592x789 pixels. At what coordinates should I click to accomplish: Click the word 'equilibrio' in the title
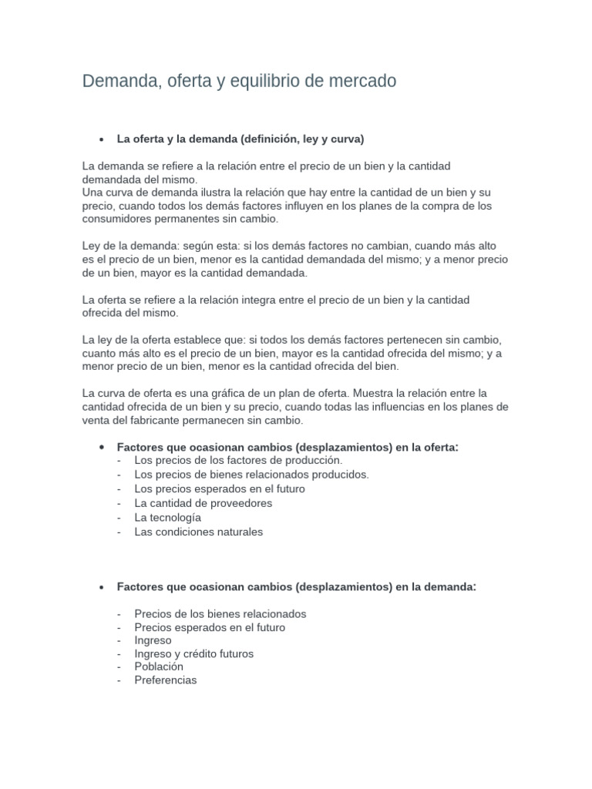[x=261, y=81]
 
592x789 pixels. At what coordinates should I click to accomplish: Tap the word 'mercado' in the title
[x=361, y=81]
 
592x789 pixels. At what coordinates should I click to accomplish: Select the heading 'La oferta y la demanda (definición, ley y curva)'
[x=240, y=139]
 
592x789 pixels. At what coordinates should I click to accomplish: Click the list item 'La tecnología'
[x=167, y=518]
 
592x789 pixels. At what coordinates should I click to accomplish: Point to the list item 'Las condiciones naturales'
[x=198, y=532]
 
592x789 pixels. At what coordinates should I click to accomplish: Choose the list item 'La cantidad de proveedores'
[x=203, y=503]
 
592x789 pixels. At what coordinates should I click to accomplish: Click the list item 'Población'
[x=159, y=666]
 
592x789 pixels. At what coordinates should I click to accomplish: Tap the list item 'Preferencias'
[x=165, y=680]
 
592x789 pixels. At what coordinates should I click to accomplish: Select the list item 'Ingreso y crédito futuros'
[x=193, y=653]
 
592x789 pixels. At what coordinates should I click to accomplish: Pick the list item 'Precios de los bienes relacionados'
[x=220, y=614]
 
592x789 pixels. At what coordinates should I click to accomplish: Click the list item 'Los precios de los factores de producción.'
[x=227, y=460]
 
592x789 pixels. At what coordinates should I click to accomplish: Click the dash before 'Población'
[x=119, y=666]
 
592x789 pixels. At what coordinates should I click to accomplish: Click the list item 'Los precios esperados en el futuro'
[x=219, y=489]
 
